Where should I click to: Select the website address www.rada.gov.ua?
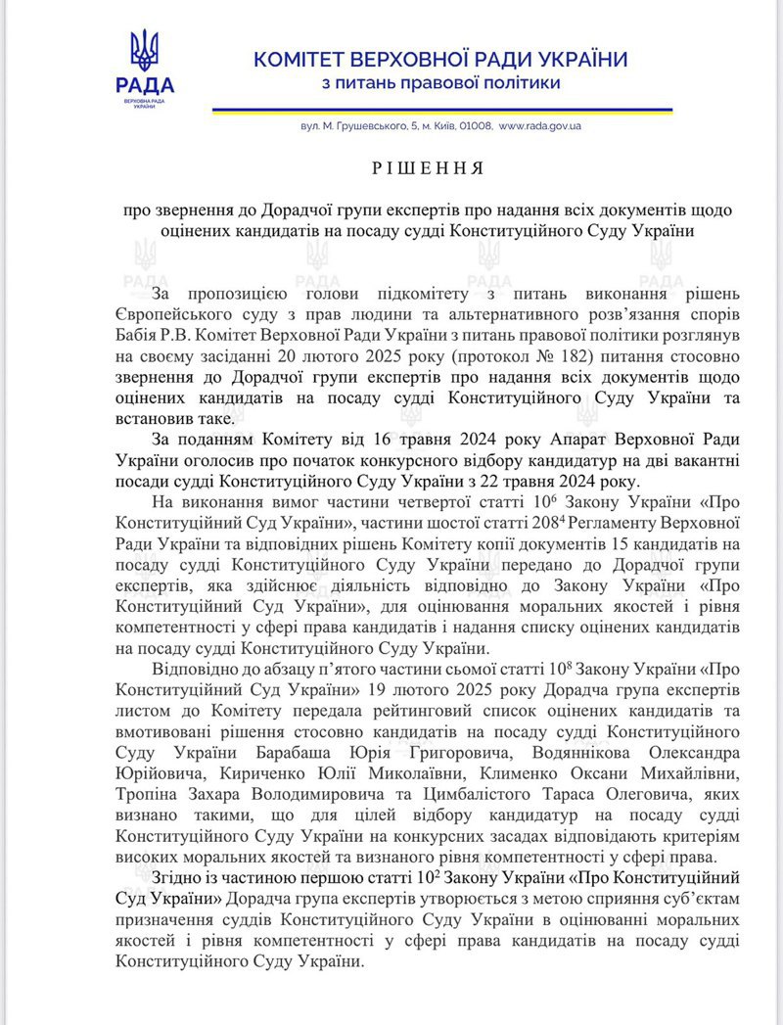tap(540, 126)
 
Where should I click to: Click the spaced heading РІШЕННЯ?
tap(428, 168)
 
